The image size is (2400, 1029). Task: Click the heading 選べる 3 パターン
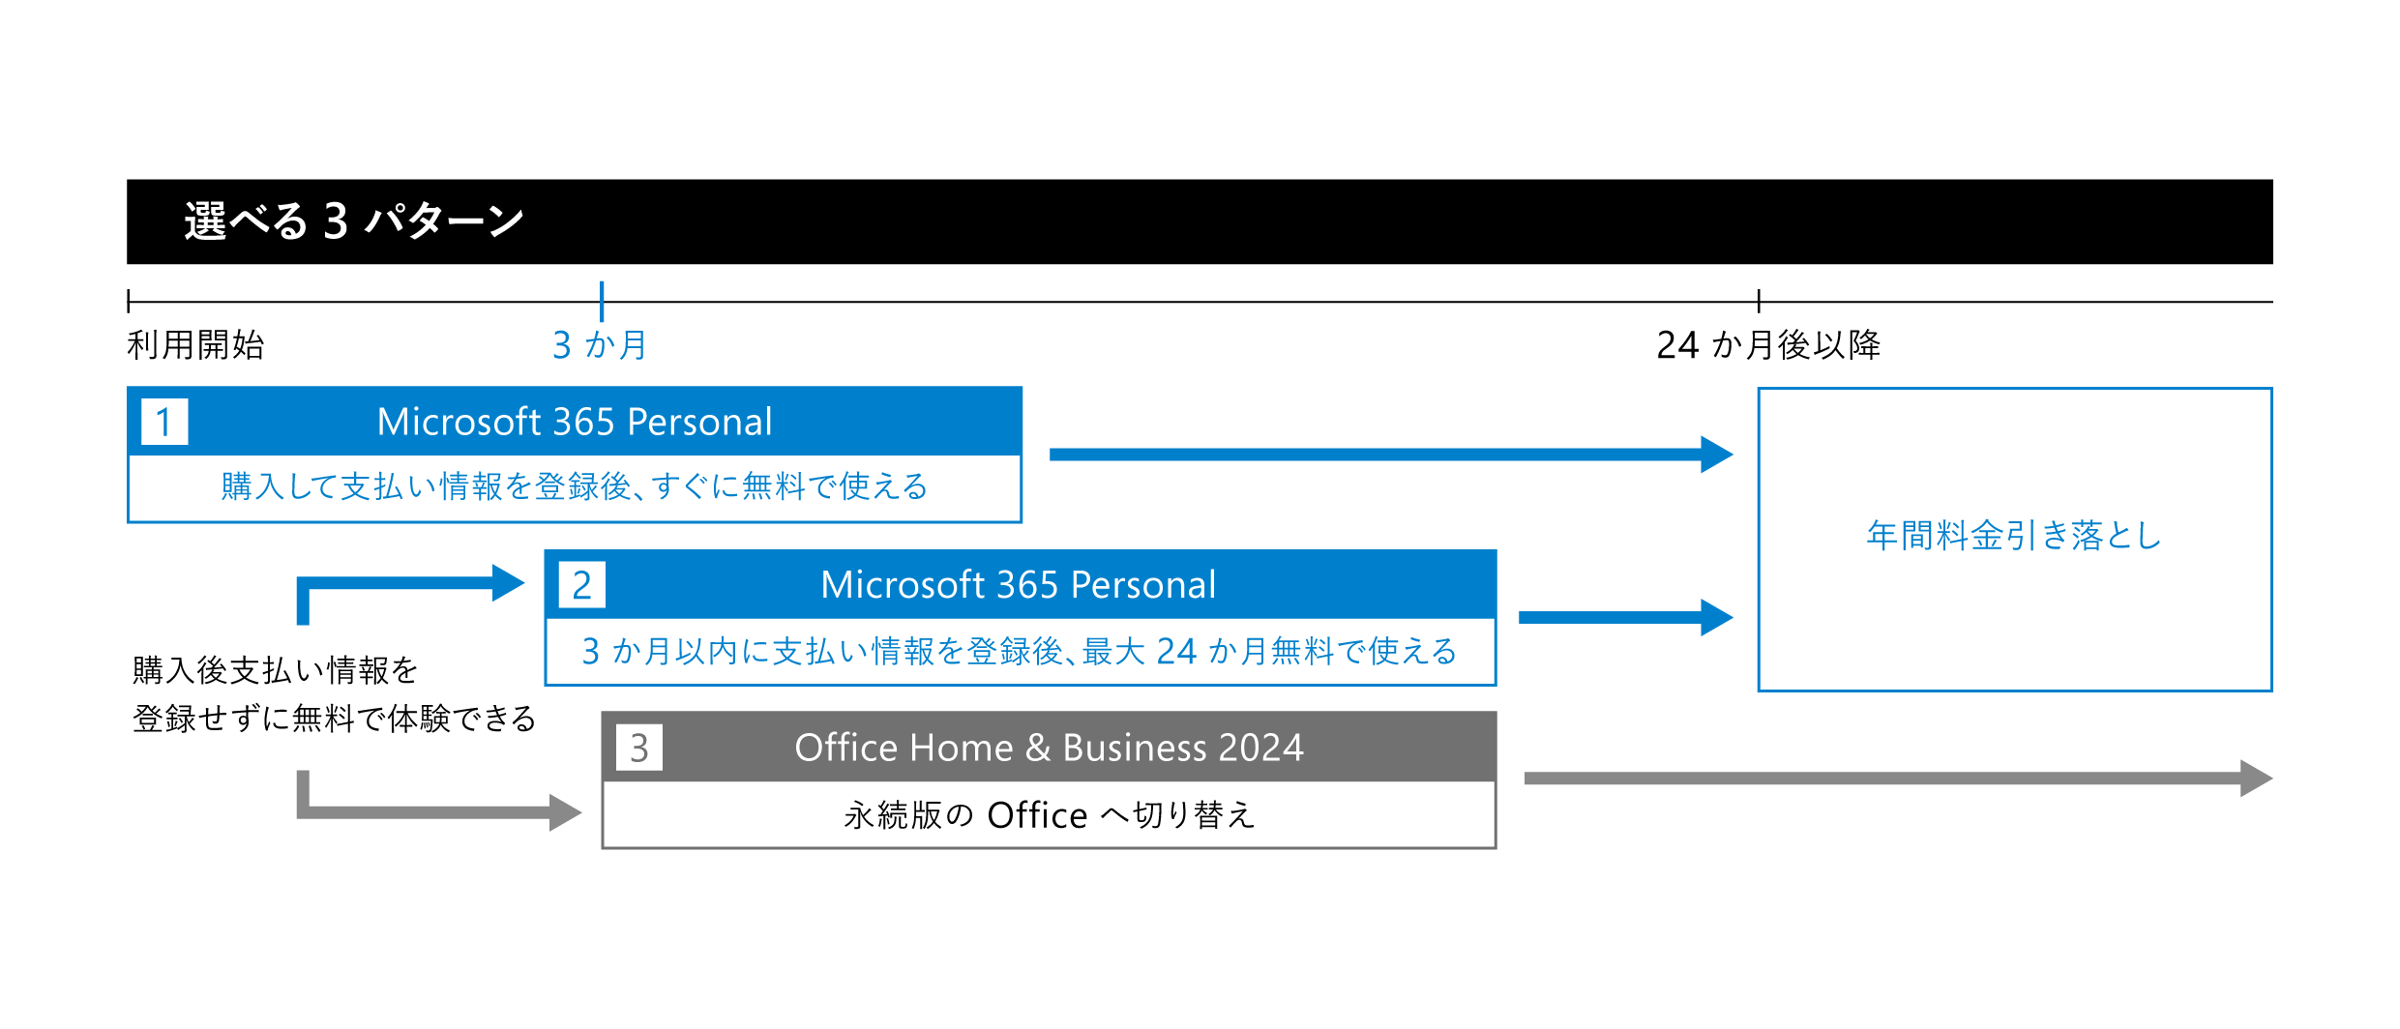(x=353, y=220)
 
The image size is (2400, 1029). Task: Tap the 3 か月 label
(x=599, y=344)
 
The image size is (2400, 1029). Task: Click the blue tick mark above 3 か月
(x=602, y=301)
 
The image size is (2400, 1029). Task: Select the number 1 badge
(x=164, y=422)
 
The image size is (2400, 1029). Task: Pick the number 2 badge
(x=581, y=585)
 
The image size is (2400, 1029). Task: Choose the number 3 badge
(x=638, y=748)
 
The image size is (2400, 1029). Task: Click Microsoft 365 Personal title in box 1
(x=575, y=422)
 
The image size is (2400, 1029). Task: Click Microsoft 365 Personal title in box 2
(x=1018, y=585)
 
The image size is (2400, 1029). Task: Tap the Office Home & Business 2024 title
(x=1049, y=748)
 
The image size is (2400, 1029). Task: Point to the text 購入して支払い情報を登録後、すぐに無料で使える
(x=575, y=486)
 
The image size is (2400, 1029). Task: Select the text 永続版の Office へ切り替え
(x=1049, y=815)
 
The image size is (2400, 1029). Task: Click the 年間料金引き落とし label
(x=2013, y=535)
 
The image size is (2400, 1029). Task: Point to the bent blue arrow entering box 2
(x=406, y=584)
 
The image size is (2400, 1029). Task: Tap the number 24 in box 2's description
(x=1176, y=651)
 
